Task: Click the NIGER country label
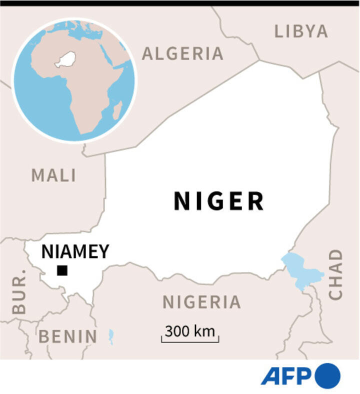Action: tap(218, 201)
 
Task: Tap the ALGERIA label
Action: tap(182, 53)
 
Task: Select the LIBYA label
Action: tap(301, 31)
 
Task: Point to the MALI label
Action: tap(54, 175)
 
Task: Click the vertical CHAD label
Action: tap(336, 275)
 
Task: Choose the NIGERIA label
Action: tap(201, 302)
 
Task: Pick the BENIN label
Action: tap(68, 336)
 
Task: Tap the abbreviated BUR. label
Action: tap(18, 297)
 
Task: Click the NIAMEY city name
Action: tap(75, 251)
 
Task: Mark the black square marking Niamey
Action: tap(62, 270)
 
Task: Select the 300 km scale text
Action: tap(189, 331)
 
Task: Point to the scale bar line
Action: tap(189, 341)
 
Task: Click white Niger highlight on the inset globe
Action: tap(65, 59)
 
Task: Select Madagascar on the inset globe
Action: tap(117, 110)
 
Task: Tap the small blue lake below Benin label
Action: tap(111, 336)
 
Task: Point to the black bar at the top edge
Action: tap(180, 3)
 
